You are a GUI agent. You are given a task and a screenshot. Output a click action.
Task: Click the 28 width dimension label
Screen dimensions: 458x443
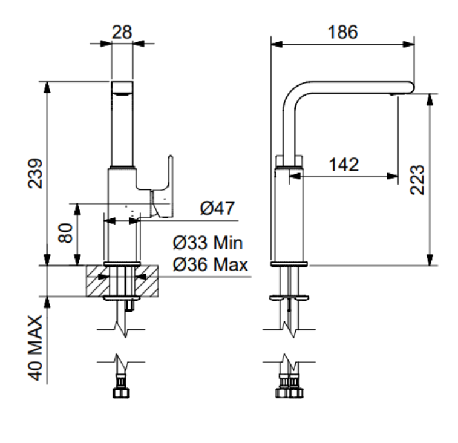[x=122, y=32]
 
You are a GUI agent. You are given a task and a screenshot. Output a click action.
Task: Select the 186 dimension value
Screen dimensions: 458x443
[x=342, y=32]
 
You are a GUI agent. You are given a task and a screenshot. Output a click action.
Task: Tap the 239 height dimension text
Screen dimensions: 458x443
[x=35, y=173]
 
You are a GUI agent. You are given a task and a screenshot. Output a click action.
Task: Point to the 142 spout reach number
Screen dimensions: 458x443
[x=344, y=165]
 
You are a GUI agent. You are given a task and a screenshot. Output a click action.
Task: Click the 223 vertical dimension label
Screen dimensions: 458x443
[x=417, y=180]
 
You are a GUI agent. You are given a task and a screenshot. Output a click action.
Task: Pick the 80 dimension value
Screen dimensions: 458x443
[x=65, y=232]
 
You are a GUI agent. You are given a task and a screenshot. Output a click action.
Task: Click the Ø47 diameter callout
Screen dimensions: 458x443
[x=217, y=208]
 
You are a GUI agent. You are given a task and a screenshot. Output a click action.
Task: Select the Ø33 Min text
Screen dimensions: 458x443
[x=208, y=243]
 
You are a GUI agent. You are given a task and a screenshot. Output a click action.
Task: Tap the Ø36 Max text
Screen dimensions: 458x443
[x=211, y=264]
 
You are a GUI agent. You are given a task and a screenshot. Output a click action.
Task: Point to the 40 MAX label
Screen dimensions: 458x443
[x=35, y=348]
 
